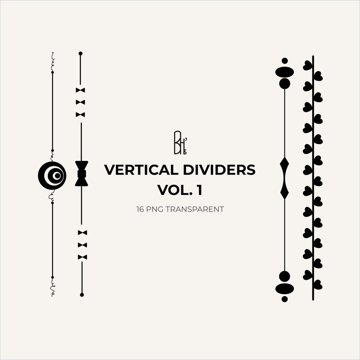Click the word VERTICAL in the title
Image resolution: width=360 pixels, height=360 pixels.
[141, 170]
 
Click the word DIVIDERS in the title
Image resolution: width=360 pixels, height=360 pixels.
[219, 170]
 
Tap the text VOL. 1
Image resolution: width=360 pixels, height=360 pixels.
[180, 190]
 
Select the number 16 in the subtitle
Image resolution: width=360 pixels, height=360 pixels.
[140, 209]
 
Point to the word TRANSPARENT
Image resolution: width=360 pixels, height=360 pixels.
[195, 209]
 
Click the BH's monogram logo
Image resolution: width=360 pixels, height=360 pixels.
[180, 143]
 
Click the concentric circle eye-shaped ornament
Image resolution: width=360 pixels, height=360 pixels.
[52, 176]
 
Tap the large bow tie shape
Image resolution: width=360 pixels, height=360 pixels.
[82, 174]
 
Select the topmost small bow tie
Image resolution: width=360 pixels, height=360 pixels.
[80, 90]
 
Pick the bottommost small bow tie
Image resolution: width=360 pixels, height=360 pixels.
[82, 257]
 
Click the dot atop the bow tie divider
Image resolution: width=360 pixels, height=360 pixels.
[80, 53]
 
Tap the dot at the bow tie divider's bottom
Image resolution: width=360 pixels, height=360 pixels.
[82, 295]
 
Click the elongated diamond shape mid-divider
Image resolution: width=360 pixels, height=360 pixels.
[284, 178]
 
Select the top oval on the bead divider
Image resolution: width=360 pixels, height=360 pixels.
[285, 72]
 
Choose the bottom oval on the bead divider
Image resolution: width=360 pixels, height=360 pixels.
[285, 289]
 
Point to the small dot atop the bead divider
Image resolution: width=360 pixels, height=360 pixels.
[285, 61]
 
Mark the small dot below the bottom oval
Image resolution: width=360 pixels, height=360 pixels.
[285, 299]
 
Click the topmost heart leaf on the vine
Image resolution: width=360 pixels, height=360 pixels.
[308, 65]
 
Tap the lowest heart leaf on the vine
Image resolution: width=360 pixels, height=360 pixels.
[318, 285]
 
